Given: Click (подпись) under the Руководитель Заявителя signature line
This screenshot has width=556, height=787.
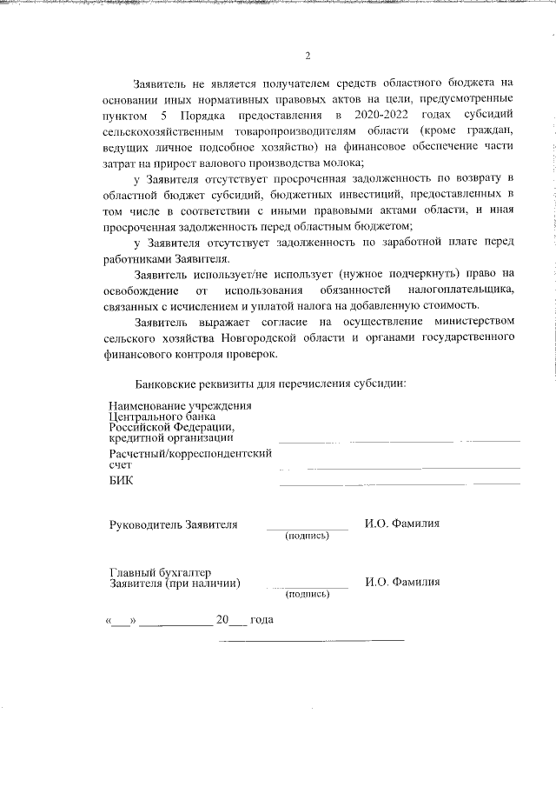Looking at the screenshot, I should (x=307, y=536).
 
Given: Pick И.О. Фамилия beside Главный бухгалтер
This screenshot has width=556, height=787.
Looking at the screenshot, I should (x=402, y=582).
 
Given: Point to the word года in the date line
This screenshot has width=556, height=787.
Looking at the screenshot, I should (x=261, y=620).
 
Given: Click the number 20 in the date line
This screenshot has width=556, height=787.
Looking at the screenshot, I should (x=222, y=620).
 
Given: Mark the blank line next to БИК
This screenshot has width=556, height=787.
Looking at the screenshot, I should (x=399, y=484).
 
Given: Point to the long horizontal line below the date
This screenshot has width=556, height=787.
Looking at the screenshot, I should (x=311, y=640).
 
